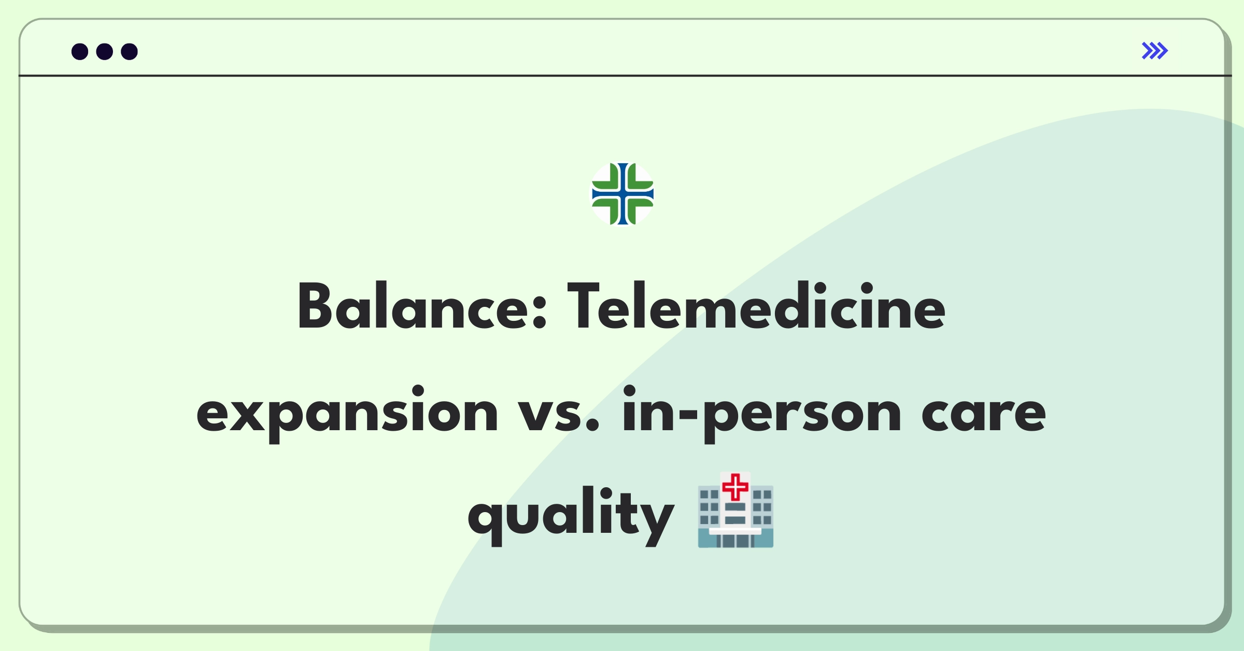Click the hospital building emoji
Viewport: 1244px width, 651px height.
pyautogui.click(x=736, y=510)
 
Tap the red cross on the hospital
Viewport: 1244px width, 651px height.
pyautogui.click(x=735, y=487)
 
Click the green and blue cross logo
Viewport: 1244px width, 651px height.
pyautogui.click(x=623, y=194)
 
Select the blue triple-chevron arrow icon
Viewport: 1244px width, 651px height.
pyautogui.click(x=1154, y=51)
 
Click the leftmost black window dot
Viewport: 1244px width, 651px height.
pyautogui.click(x=80, y=51)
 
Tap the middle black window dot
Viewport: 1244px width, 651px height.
pyautogui.click(x=105, y=51)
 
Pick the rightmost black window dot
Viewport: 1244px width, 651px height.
pyautogui.click(x=130, y=51)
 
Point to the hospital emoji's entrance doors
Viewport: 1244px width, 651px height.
pyautogui.click(x=736, y=541)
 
